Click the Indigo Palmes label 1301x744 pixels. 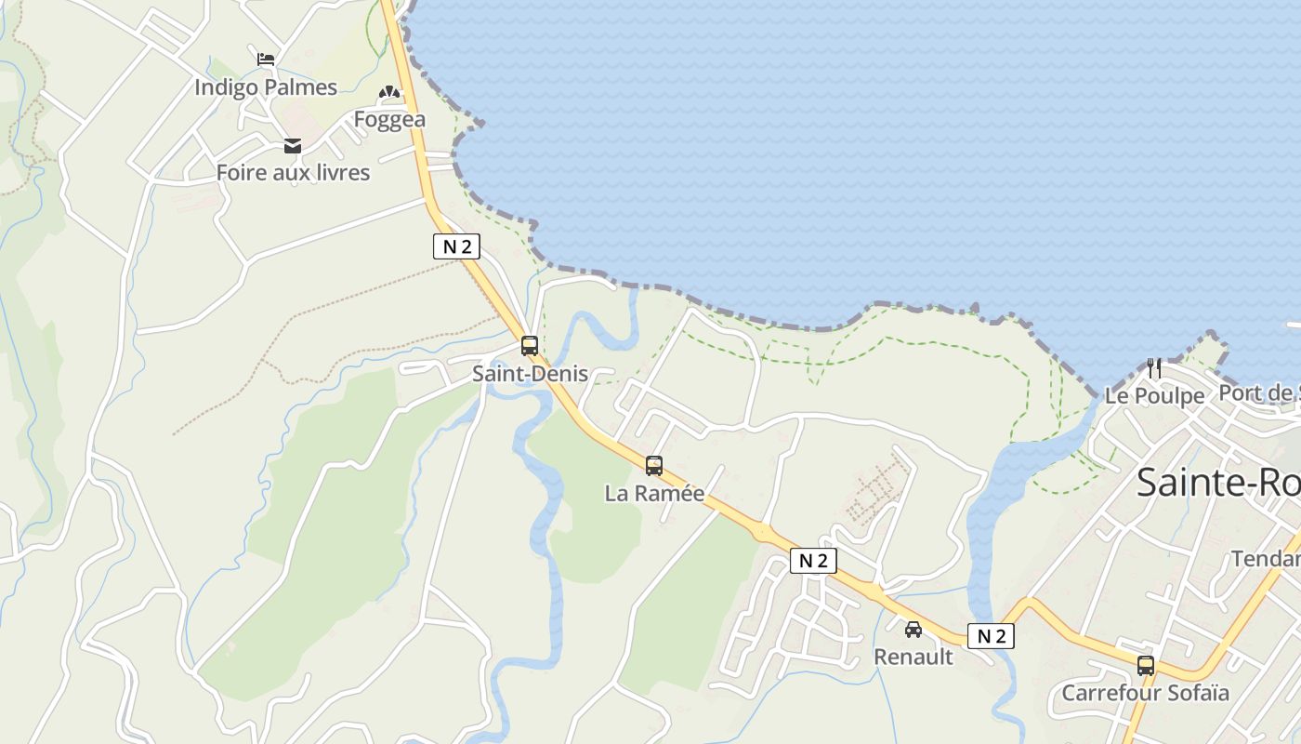(266, 87)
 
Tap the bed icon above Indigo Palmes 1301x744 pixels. (266, 60)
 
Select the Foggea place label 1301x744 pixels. (389, 119)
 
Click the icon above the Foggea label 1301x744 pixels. (388, 93)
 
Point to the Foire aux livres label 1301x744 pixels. (293, 172)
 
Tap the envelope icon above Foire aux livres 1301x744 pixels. (293, 146)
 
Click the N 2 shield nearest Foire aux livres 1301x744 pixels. (456, 246)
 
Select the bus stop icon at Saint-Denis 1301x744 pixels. (530, 346)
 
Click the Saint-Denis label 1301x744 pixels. (530, 374)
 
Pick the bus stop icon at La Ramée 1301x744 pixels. (654, 466)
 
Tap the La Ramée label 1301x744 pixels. (654, 494)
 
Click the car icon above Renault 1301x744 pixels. (913, 630)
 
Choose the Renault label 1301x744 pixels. (913, 657)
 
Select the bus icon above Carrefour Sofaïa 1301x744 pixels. (1146, 666)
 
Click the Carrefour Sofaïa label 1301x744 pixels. (1145, 693)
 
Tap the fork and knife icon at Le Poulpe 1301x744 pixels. (1154, 368)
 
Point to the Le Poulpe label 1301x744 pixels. (1154, 396)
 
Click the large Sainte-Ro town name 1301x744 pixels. (1217, 483)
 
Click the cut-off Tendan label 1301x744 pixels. (1266, 558)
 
